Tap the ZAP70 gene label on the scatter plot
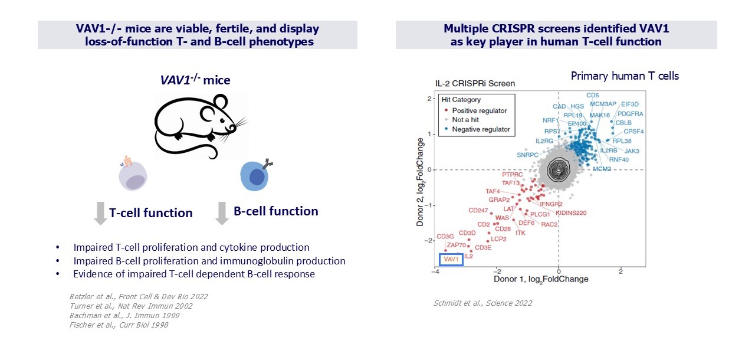tap(457, 245)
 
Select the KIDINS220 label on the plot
tap(572, 212)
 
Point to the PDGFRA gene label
tap(630, 113)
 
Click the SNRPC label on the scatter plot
tap(528, 155)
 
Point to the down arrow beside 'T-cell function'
tap(100, 213)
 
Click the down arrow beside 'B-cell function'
tap(222, 213)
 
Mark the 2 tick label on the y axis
tap(431, 99)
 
